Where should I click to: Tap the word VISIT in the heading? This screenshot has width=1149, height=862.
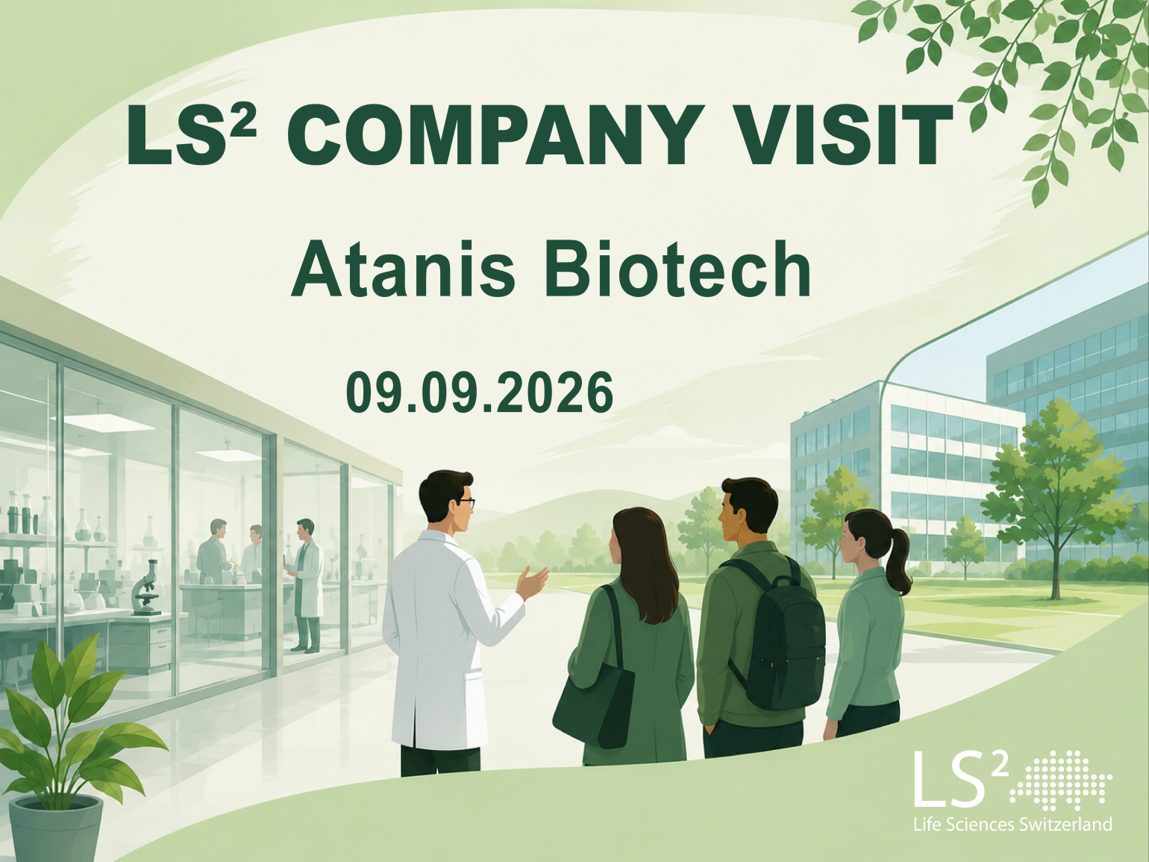[x=839, y=134]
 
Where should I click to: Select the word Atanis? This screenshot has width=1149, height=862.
[x=404, y=270]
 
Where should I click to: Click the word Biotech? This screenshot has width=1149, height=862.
[x=678, y=270]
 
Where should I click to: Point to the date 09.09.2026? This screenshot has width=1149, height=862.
[x=480, y=393]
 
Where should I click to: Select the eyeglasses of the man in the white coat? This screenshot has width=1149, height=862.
[x=464, y=504]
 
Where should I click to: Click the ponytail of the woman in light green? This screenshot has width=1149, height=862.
[x=898, y=560]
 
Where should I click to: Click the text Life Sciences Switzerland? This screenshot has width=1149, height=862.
[x=1012, y=825]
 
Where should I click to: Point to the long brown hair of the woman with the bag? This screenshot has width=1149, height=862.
[x=645, y=563]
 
